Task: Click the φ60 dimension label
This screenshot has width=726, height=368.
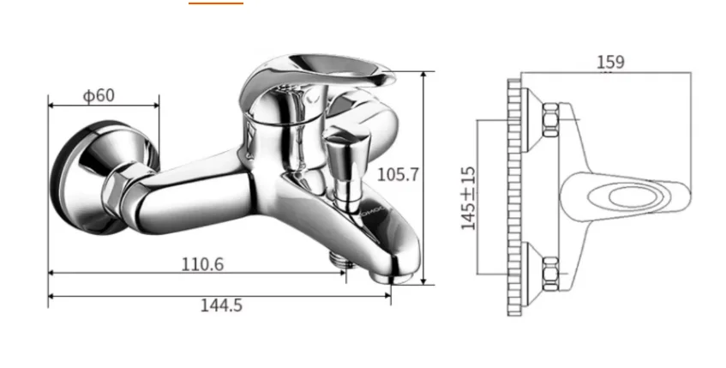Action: (x=99, y=95)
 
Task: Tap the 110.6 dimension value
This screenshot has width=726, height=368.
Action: (x=202, y=264)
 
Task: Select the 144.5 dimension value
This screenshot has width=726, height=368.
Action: (x=221, y=305)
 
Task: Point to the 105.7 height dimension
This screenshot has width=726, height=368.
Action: (x=398, y=175)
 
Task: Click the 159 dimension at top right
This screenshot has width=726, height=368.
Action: (x=610, y=62)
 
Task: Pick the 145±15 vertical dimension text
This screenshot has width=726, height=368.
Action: (x=468, y=198)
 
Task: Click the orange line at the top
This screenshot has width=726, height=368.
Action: (x=216, y=3)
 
